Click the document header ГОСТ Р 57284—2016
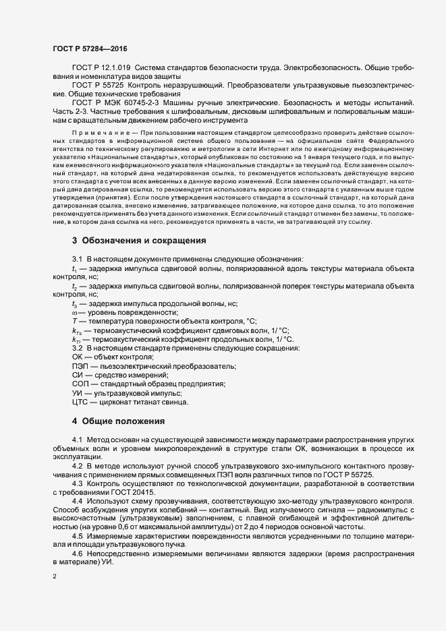(x=89, y=48)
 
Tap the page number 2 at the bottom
(x=55, y=577)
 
